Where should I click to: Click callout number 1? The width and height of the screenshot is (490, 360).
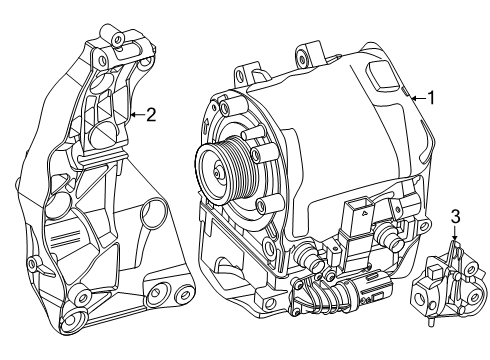tap(431, 98)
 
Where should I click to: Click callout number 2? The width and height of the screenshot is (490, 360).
tap(151, 115)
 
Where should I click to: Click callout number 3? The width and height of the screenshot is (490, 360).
tap(455, 217)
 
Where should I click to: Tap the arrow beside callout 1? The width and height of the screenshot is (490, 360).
tap(418, 98)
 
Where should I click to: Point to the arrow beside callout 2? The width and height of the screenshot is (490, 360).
tap(137, 115)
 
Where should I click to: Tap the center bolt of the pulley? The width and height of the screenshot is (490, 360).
tap(217, 173)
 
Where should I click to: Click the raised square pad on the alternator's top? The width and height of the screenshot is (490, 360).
tap(383, 76)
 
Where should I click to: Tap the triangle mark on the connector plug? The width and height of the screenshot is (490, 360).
tap(365, 211)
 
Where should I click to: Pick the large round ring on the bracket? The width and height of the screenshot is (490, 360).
tap(153, 212)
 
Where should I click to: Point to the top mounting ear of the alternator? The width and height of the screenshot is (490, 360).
tap(308, 53)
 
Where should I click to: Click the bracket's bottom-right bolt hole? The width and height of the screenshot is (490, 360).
tap(183, 294)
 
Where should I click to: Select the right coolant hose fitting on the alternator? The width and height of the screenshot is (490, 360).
tap(390, 236)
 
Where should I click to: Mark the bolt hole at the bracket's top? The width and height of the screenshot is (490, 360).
tap(117, 39)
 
